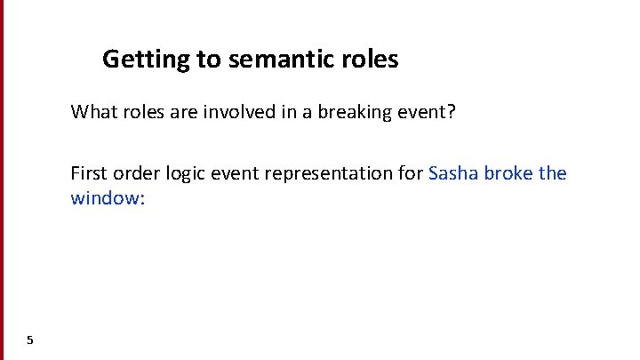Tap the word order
pos(138,172)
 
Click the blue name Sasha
pos(453,172)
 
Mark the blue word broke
pos(509,172)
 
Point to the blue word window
pos(106,197)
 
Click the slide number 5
pos(30,340)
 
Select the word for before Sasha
pos(412,172)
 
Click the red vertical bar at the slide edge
pos(2,178)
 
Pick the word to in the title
pos(207,60)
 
